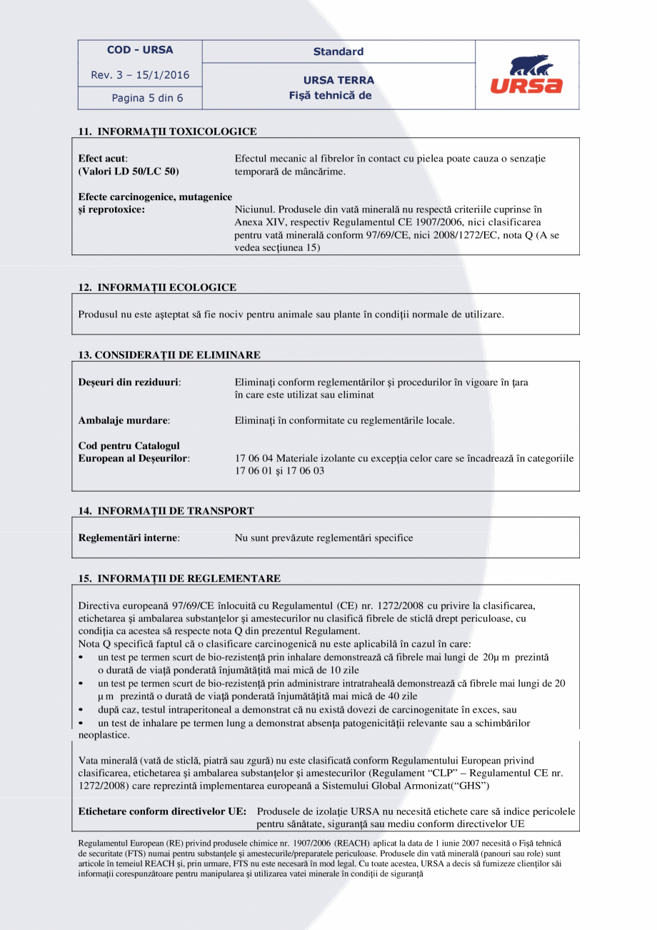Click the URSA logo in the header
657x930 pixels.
click(x=526, y=75)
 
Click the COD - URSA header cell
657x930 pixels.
click(x=140, y=50)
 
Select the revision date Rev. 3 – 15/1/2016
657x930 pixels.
click(x=140, y=75)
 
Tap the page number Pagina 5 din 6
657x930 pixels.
click(x=147, y=98)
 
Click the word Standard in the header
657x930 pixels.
click(x=338, y=51)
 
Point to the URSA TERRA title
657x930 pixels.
click(x=338, y=80)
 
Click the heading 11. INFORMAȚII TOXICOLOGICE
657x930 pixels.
click(x=167, y=132)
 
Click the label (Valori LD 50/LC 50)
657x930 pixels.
click(x=129, y=172)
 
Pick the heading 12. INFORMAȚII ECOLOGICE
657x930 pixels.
click(x=157, y=287)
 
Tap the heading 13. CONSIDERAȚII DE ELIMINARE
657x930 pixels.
click(x=169, y=355)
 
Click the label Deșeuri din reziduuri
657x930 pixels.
click(x=129, y=382)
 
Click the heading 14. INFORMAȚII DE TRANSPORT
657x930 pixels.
click(x=166, y=511)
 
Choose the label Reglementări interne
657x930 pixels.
click(x=129, y=538)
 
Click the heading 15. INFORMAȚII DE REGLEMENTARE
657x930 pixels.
click(x=179, y=578)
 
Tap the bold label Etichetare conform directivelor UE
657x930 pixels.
click(x=162, y=812)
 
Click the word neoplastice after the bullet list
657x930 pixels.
click(x=104, y=735)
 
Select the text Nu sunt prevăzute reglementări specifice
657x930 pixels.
click(x=324, y=538)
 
